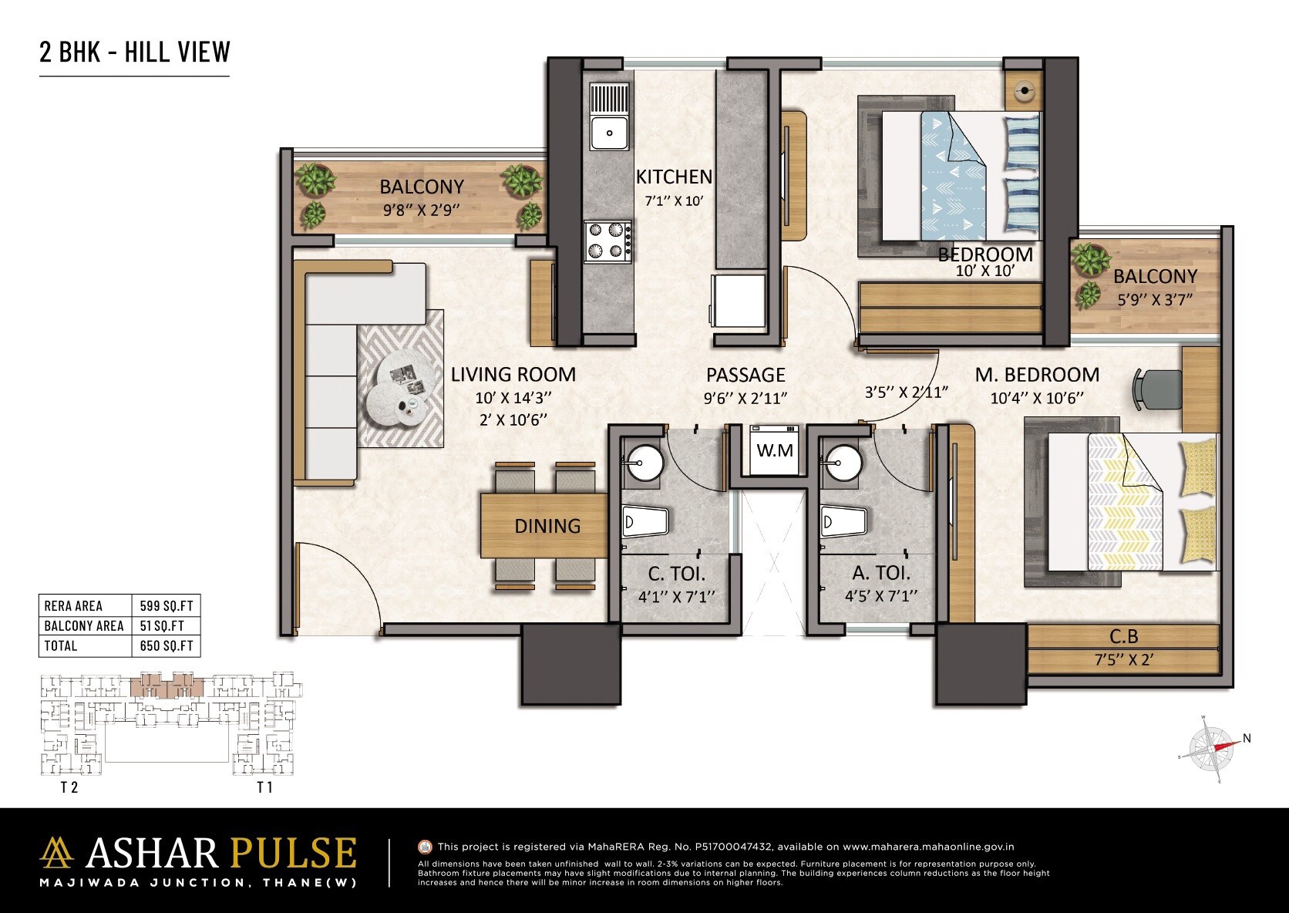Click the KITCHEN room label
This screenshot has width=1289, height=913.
tap(674, 177)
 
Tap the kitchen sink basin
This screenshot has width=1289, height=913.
tap(610, 133)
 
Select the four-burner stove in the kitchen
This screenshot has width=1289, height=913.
tap(607, 240)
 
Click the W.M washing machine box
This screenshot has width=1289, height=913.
tap(774, 450)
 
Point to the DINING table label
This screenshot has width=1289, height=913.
tap(547, 527)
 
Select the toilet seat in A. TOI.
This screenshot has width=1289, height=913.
tap(842, 522)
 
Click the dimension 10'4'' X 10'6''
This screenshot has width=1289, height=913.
tap(1037, 398)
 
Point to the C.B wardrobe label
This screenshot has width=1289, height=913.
tap(1123, 637)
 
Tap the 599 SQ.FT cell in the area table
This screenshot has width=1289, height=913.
tap(167, 606)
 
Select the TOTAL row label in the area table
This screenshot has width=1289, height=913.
tap(61, 646)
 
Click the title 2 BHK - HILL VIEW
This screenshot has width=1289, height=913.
tap(135, 52)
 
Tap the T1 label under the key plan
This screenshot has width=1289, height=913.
tap(264, 787)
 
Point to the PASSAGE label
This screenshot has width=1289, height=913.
tap(745, 376)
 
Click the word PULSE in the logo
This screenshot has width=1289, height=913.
tap(293, 854)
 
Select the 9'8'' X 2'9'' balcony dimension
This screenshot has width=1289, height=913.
tap(422, 209)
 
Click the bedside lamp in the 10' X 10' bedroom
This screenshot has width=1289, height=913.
tap(1024, 91)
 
